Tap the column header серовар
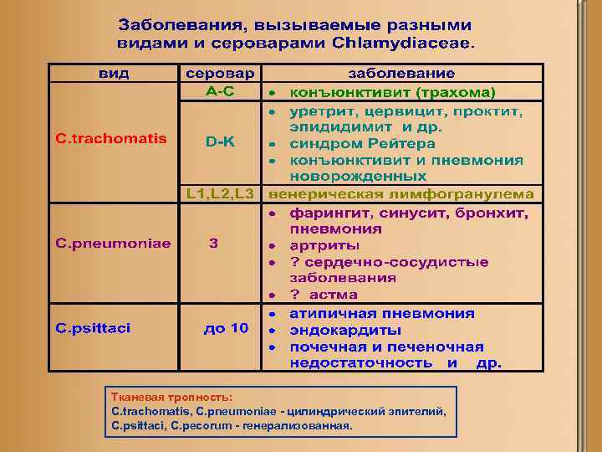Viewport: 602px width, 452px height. point(221,73)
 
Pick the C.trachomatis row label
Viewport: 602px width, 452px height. point(111,138)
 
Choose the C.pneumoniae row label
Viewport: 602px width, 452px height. point(114,244)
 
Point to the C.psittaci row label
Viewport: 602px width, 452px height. point(94,328)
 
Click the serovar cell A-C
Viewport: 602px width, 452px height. point(221,90)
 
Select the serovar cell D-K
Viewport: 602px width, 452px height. point(221,142)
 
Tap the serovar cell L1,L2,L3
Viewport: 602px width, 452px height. point(221,193)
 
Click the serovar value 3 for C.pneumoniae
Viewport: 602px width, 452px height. point(214,244)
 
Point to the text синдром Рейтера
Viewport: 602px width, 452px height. point(362,143)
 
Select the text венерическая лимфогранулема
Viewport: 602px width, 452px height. point(400,193)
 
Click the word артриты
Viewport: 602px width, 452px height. point(324,246)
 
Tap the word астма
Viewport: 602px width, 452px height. point(334,295)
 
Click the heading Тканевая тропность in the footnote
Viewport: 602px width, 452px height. point(171,397)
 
